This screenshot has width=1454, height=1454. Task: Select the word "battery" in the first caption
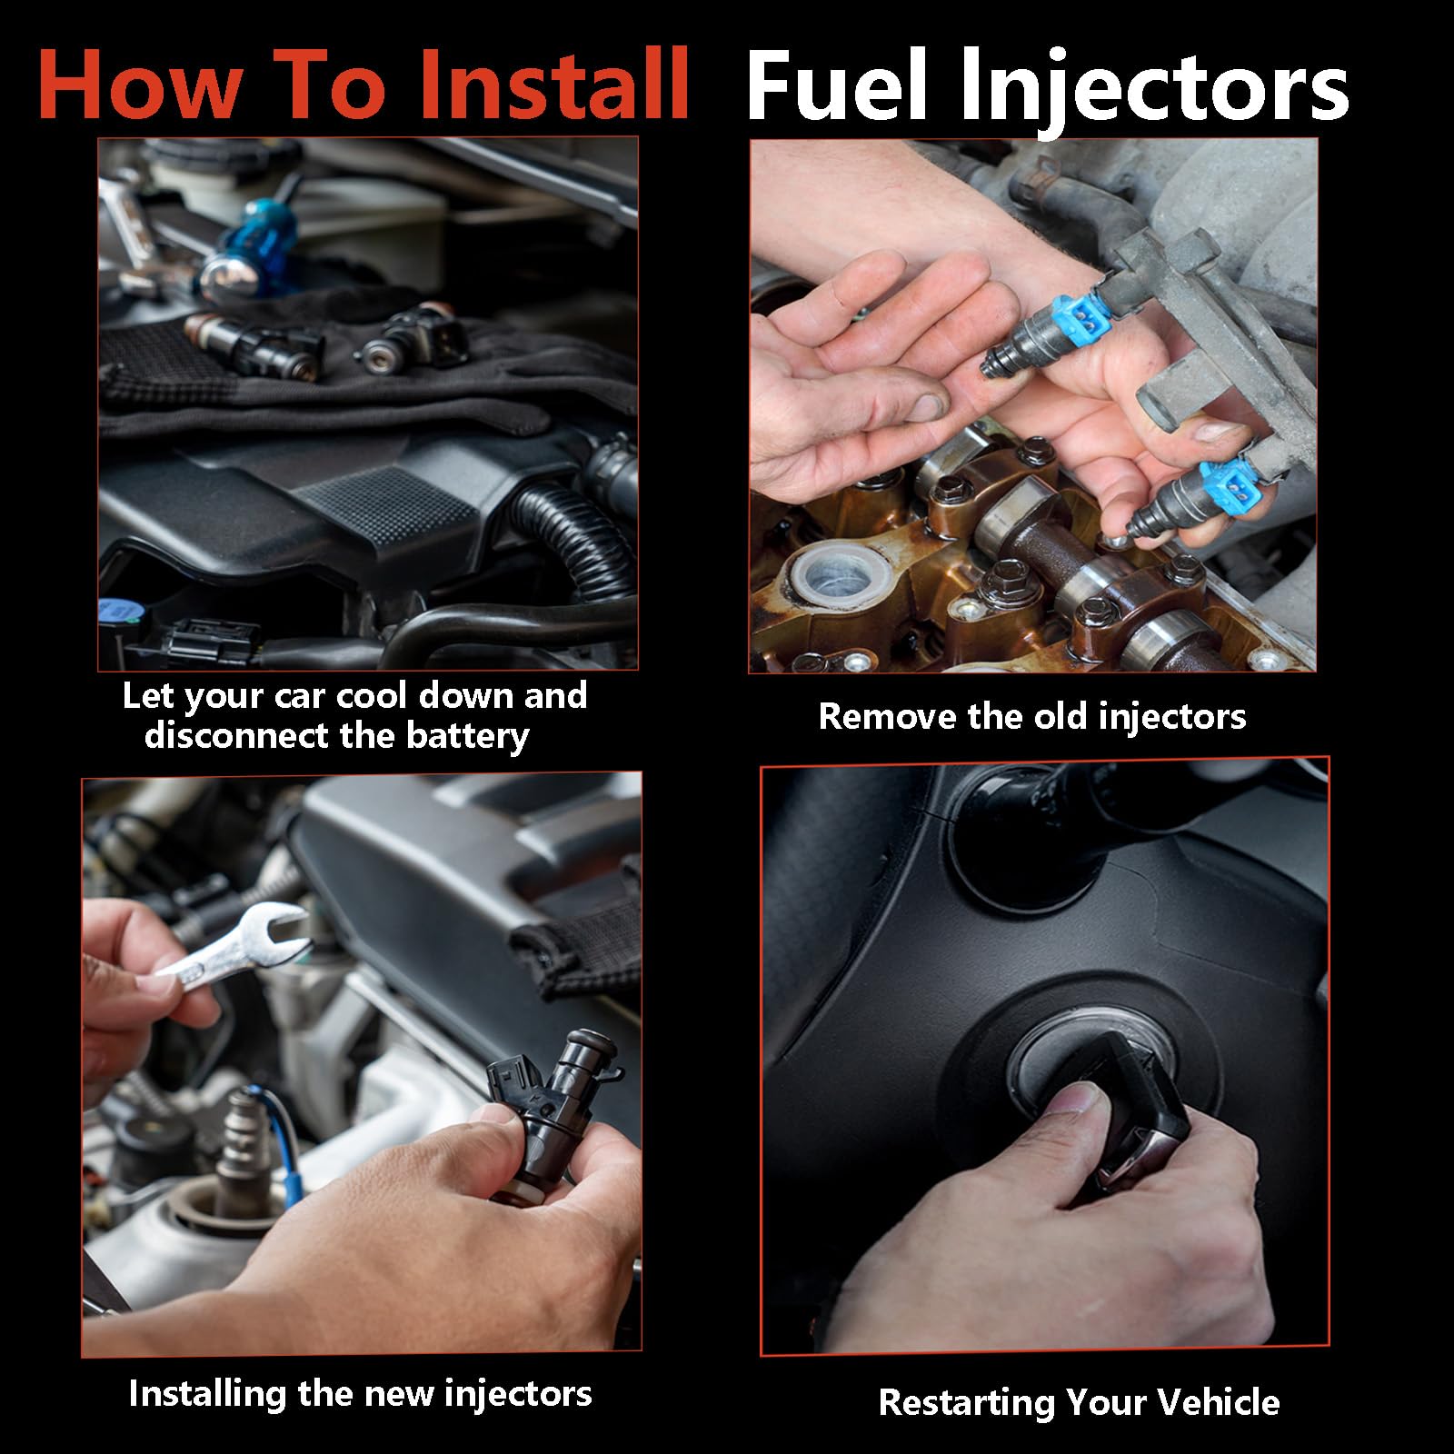pos(467,735)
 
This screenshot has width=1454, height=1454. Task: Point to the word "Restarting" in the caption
pos(968,1402)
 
